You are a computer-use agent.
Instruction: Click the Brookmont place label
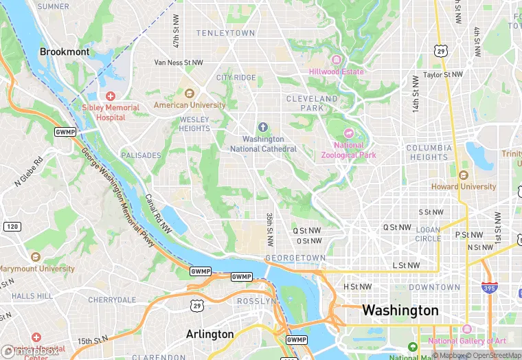[64, 52]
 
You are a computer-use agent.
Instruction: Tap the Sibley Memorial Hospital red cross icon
[111, 95]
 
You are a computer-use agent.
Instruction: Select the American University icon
[190, 93]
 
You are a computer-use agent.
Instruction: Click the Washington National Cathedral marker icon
[263, 127]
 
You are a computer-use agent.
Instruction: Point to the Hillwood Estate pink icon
[337, 60]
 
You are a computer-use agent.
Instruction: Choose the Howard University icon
[463, 175]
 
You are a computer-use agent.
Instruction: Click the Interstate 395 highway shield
[489, 288]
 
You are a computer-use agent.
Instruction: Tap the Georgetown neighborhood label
[295, 258]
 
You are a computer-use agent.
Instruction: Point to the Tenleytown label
[225, 33]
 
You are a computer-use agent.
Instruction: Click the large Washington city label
[400, 311]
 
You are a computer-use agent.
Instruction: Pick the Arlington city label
[210, 335]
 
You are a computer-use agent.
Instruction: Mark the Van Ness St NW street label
[179, 63]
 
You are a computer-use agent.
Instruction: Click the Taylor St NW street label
[443, 74]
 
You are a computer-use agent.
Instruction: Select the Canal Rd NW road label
[159, 214]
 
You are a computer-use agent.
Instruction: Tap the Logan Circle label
[428, 234]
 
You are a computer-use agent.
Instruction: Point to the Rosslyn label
[256, 302]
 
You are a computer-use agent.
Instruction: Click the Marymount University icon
[35, 257]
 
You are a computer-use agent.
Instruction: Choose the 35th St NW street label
[269, 229]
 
